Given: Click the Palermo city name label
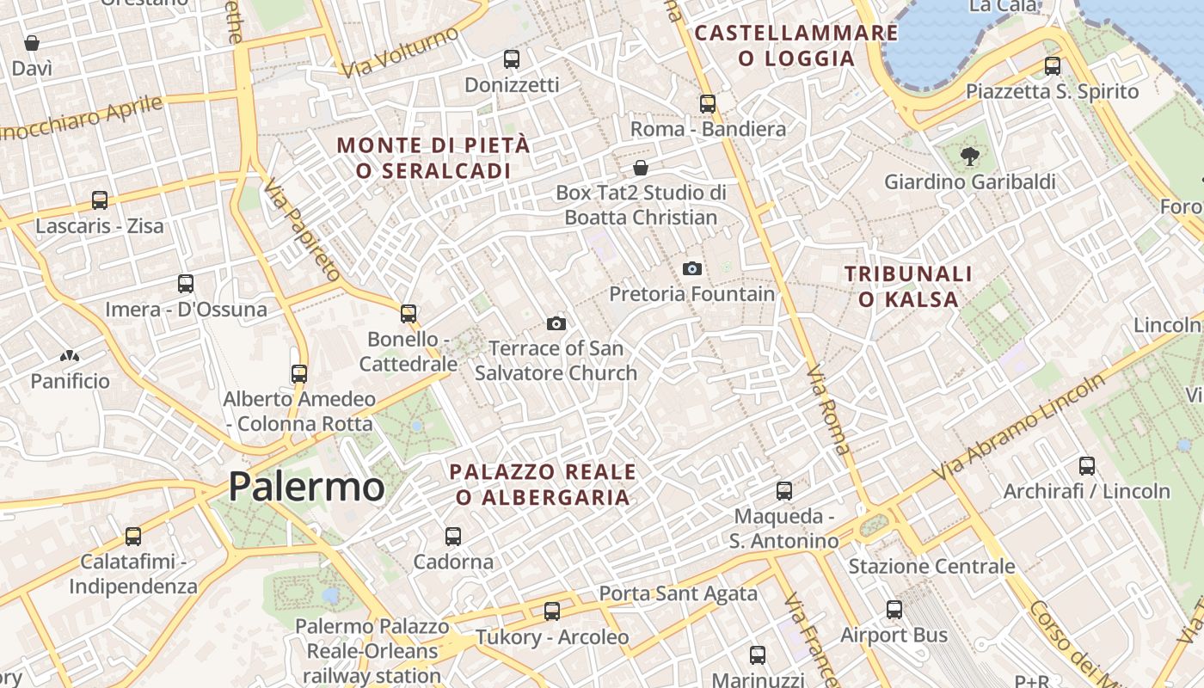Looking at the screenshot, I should point(306,487).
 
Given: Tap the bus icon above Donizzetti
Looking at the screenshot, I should point(512,59).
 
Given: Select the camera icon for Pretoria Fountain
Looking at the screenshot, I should point(692,269).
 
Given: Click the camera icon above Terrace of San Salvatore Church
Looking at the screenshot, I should point(556,324).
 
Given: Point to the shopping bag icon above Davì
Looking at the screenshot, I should point(32,43).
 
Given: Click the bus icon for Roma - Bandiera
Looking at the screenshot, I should point(708,104).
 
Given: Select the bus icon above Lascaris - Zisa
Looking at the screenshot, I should point(100,200).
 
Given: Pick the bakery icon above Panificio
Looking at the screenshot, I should point(70,356).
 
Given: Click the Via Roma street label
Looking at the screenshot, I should point(828,411).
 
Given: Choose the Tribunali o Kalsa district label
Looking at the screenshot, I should point(908,286).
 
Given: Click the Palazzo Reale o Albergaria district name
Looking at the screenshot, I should point(543,484).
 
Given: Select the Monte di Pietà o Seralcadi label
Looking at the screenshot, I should point(433,158).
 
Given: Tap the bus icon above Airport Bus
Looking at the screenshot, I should point(894,610).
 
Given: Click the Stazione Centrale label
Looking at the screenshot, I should point(931,567).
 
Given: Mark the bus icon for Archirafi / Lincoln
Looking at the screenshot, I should point(1087,466).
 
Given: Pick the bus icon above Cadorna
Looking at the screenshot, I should point(453,537).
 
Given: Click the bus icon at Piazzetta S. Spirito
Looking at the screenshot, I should point(1053,66).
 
